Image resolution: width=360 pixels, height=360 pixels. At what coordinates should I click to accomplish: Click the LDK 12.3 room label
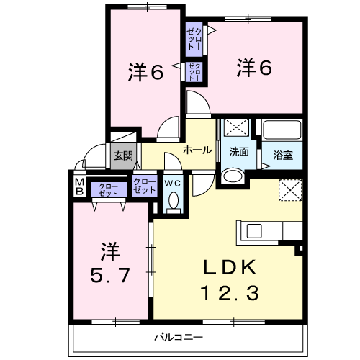[x=230, y=280]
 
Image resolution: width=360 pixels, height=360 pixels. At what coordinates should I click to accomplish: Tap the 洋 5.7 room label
[x=110, y=263]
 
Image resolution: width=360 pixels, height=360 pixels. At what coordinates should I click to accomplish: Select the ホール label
[x=197, y=150]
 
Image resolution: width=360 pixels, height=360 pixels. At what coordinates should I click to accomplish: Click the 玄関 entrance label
[x=123, y=156]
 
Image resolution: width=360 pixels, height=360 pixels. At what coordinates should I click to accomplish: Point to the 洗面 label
[x=239, y=152]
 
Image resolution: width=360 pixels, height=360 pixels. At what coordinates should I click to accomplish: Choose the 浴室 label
[x=283, y=155]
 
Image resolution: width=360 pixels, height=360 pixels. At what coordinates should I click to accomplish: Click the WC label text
[x=173, y=184]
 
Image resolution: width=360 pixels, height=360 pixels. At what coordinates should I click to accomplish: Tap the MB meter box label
[x=79, y=186]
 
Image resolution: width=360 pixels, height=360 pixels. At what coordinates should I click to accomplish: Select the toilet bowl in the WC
[x=174, y=201]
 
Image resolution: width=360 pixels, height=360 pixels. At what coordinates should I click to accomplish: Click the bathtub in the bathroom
[x=282, y=130]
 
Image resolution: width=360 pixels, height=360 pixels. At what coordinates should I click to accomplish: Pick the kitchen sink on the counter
[x=254, y=231]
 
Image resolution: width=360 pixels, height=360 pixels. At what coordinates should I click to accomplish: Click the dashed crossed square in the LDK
[x=290, y=190]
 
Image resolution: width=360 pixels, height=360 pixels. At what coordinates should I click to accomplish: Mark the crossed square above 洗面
[x=236, y=127]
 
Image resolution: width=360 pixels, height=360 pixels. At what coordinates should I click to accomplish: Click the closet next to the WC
[x=145, y=186]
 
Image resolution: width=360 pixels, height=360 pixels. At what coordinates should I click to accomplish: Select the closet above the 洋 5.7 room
[x=109, y=189]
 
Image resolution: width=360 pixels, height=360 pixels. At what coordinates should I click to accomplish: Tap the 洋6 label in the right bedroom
[x=254, y=68]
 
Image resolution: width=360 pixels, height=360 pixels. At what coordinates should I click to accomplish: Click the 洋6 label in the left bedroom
[x=145, y=71]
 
